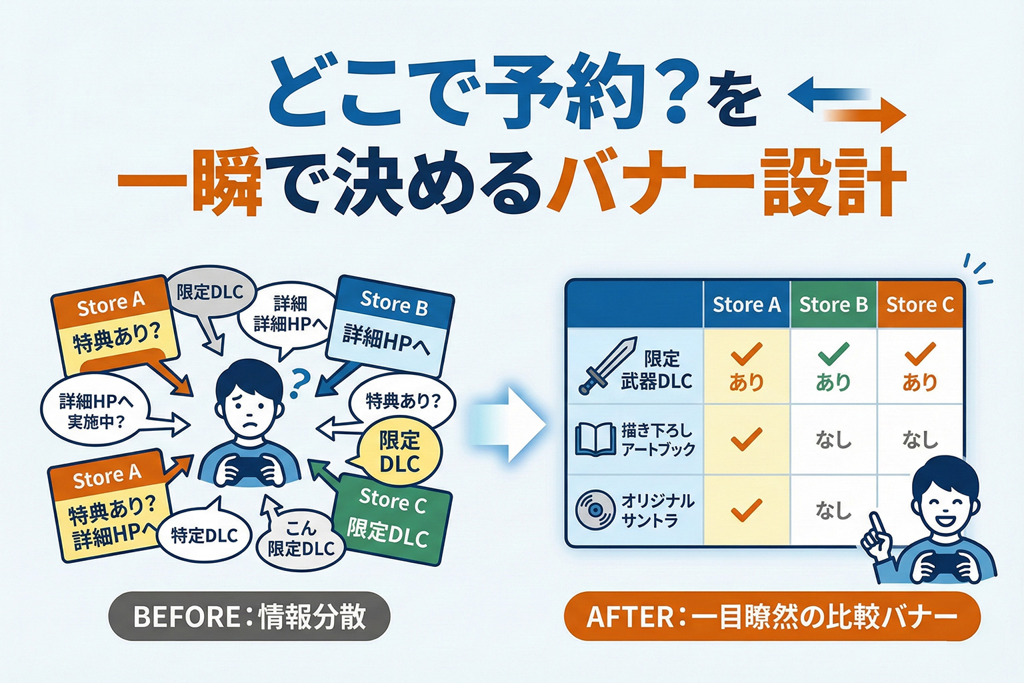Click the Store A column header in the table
coord(746,305)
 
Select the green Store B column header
coord(833,305)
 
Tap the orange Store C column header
coord(920,305)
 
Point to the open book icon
coord(595,440)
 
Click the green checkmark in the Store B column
coord(833,354)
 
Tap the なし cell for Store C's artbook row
coord(920,440)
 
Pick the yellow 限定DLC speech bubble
coord(399,452)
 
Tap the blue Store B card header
coord(395,303)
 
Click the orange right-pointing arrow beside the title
coord(867,116)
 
